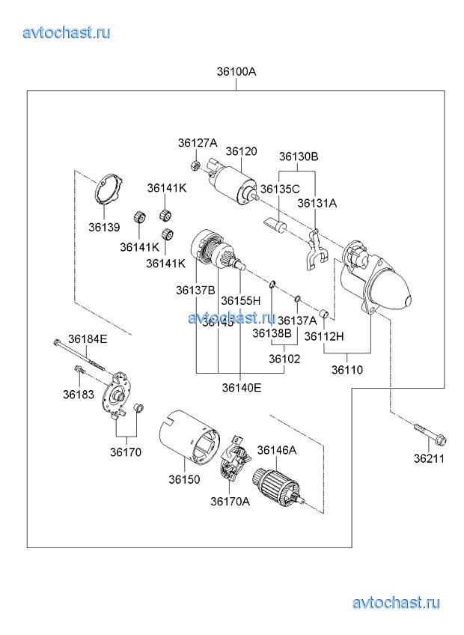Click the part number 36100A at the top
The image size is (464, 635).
[236, 73]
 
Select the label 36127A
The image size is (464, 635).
[197, 143]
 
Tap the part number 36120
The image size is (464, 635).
[241, 151]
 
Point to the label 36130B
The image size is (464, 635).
[299, 157]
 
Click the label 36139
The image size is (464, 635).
[104, 227]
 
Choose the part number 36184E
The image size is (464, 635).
[88, 339]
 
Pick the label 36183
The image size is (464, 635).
[78, 394]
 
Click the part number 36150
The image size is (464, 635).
[183, 479]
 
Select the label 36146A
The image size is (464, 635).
[277, 450]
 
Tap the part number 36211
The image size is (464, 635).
[430, 458]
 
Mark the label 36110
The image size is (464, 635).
[348, 369]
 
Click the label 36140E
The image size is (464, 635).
[241, 387]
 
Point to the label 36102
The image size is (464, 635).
[284, 359]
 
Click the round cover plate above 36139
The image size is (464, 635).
[109, 190]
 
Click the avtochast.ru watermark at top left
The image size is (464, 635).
[67, 31]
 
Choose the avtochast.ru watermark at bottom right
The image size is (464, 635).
[396, 603]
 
